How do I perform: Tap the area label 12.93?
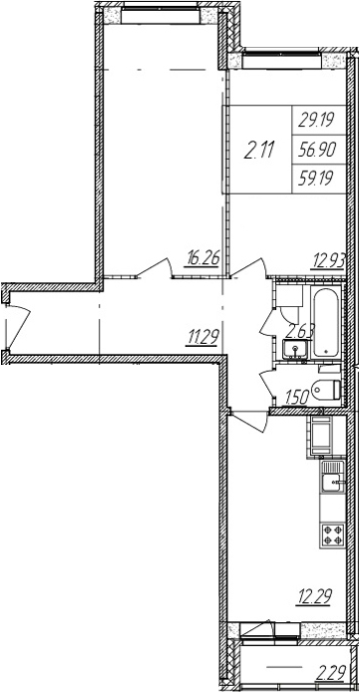coord(329,258)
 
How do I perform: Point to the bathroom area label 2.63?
coord(299,331)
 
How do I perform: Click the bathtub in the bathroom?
coord(326,322)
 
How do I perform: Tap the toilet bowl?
coord(327,389)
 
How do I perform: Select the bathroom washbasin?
coord(295,350)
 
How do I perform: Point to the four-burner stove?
coord(333,534)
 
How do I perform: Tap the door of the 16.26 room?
coord(155,268)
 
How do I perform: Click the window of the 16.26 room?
coord(160,14)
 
